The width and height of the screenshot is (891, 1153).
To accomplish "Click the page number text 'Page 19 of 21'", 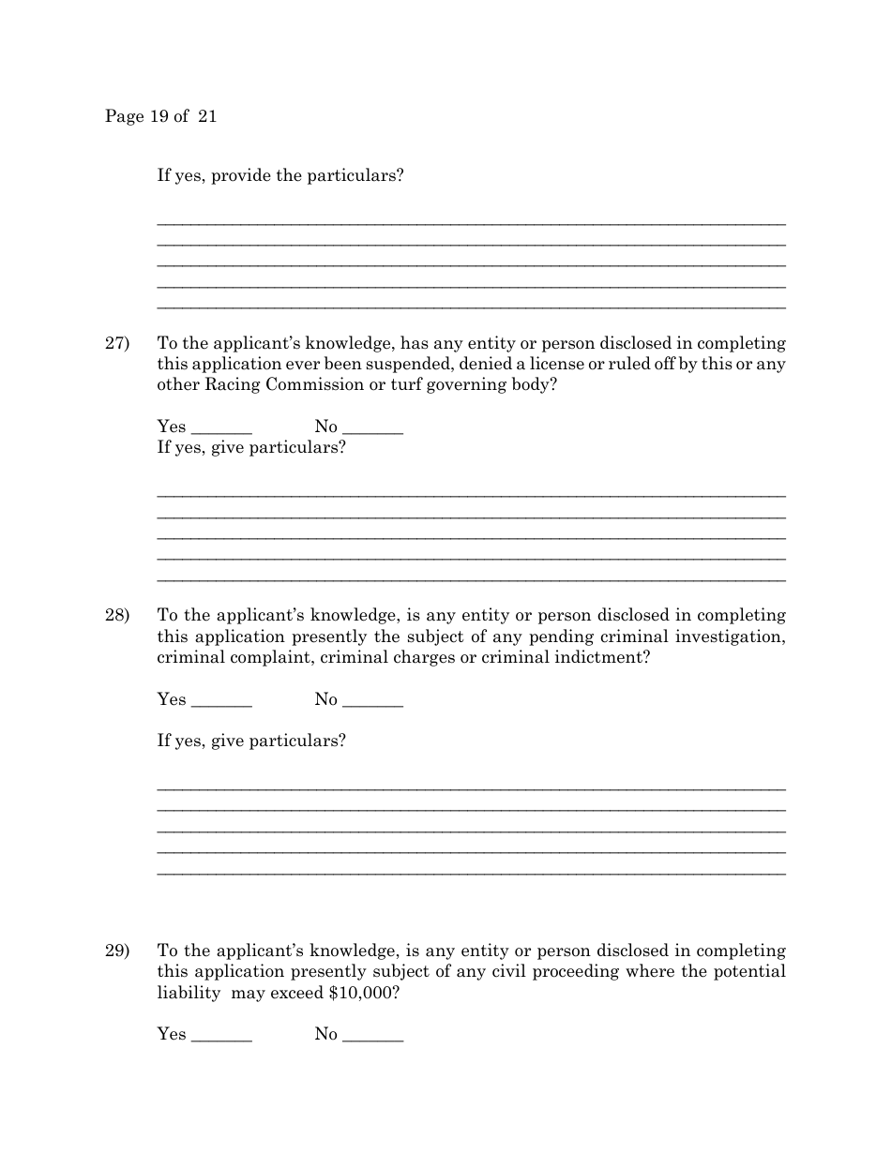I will tap(160, 116).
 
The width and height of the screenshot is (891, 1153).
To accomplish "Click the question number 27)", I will tap(116, 343).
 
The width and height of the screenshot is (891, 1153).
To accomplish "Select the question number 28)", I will tap(116, 615).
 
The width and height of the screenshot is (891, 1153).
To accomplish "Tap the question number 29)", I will tap(116, 951).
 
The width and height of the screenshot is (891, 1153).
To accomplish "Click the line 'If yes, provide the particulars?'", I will tap(280, 175).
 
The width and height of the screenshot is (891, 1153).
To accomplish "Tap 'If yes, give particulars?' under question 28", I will tap(251, 741).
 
